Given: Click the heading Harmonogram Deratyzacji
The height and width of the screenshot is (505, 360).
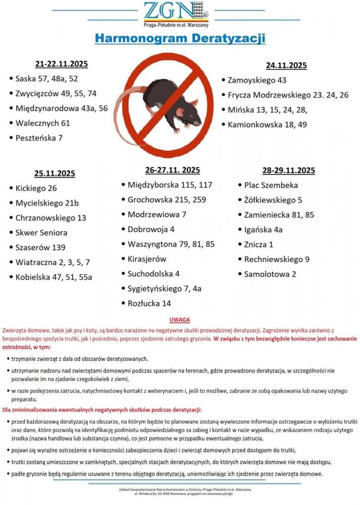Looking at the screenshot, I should tap(180, 39).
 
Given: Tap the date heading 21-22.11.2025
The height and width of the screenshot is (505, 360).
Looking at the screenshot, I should tap(62, 64).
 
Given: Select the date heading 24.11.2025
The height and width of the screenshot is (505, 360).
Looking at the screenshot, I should tap(286, 65).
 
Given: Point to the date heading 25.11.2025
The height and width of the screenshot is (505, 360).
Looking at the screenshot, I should tap(55, 174).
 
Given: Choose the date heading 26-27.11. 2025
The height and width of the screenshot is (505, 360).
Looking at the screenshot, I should tap(172, 170).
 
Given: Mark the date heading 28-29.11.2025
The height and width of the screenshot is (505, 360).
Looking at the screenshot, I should tap(288, 170).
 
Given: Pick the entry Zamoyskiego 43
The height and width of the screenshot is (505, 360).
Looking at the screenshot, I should tap(256, 80).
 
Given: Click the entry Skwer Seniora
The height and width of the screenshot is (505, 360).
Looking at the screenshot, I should tap(41, 233).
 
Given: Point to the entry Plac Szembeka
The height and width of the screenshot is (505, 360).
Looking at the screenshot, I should tap(271, 185).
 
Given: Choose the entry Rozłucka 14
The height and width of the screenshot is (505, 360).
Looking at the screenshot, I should tap(149, 304).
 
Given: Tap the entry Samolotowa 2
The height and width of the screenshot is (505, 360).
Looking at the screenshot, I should tap(270, 274).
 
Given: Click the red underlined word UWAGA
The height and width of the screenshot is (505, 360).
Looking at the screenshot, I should tap(180, 320).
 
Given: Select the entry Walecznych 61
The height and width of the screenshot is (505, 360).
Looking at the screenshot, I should tap(42, 123).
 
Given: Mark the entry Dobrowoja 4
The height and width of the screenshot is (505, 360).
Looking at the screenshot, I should tap(150, 229).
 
